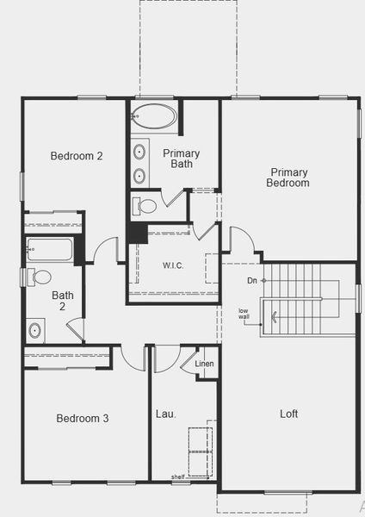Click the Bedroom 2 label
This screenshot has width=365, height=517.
point(77,156)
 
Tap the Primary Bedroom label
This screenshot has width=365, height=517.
point(288,178)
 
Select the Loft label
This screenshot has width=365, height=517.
point(289,414)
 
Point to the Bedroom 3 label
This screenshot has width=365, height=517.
point(83,418)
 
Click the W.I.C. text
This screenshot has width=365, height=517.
point(173,265)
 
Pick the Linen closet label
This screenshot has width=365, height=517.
point(204,364)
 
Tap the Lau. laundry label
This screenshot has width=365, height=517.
point(166,414)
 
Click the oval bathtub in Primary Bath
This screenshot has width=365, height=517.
point(154,116)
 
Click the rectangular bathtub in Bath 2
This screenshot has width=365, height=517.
point(50,250)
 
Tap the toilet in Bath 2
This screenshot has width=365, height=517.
point(38,277)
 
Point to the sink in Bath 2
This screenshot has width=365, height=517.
point(35,329)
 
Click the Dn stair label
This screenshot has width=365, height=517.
point(251,281)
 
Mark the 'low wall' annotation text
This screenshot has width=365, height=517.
point(244,314)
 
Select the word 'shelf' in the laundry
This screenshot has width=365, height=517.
point(177,477)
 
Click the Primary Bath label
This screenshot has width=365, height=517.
point(181,159)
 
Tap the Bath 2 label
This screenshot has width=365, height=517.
point(63,301)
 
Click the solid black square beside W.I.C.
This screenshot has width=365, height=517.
point(136,233)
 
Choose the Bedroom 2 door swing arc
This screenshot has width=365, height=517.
point(107,250)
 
